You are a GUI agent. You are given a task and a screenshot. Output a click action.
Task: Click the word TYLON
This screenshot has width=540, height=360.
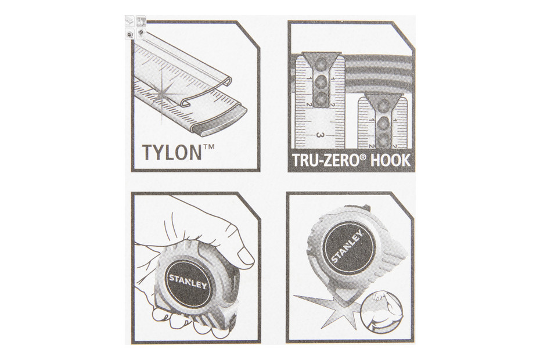[x=172, y=152]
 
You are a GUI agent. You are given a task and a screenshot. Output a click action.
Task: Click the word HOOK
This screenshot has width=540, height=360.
[x=391, y=160]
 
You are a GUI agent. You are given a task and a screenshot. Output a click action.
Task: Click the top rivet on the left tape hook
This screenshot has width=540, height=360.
[x=321, y=63]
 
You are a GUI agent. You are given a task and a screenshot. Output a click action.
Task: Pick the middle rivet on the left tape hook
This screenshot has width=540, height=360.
[x=321, y=82]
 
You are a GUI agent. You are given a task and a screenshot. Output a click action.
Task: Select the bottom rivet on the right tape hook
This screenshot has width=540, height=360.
[x=383, y=139]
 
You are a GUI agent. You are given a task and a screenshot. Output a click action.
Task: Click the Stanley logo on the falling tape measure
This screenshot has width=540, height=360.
[x=347, y=245]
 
